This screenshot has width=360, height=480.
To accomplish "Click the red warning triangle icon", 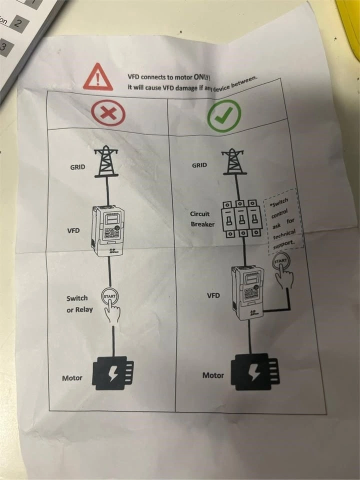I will (98, 77).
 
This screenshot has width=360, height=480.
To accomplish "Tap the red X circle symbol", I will (107, 113).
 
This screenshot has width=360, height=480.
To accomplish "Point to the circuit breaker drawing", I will (241, 219).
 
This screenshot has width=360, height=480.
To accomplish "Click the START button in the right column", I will (281, 262).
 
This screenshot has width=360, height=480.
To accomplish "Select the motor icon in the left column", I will (113, 372).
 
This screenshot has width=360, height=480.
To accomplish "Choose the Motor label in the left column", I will (72, 378).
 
